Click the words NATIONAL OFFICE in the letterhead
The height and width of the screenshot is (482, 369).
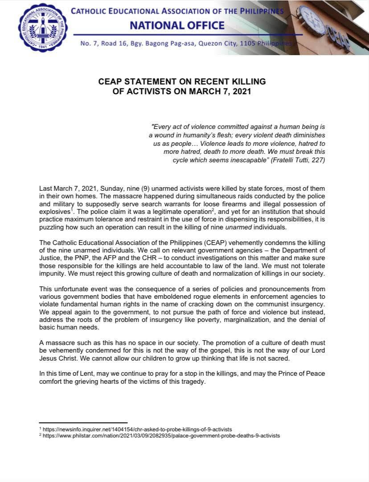point(177,25)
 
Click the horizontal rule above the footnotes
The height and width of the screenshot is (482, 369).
point(83,423)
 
